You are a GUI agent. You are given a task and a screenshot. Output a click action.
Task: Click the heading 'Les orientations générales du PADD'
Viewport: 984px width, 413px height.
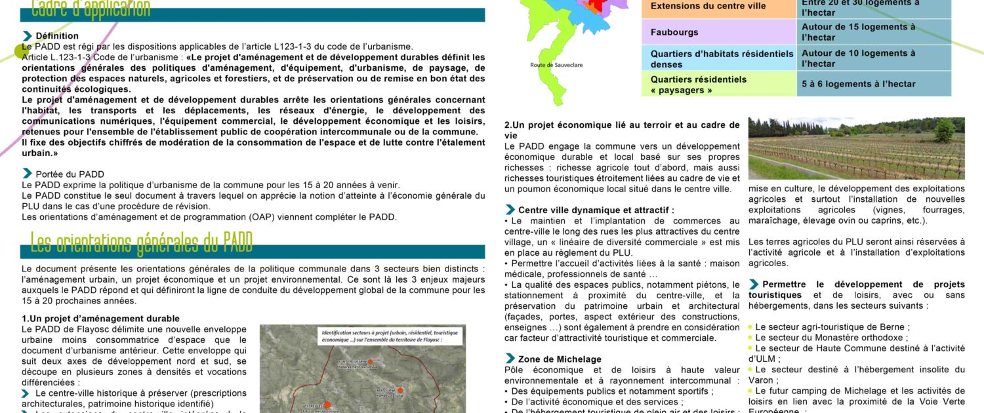pos(141,243)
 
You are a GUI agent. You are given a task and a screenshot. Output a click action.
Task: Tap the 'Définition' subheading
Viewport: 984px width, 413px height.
pos(57,36)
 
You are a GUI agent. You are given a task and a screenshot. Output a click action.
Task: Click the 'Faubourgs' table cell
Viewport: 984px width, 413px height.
pos(674,32)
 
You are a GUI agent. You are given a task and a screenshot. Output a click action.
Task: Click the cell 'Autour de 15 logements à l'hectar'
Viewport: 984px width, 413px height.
pos(858,32)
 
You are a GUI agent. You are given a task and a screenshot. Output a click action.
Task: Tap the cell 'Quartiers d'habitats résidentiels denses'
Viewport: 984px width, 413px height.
pos(720,59)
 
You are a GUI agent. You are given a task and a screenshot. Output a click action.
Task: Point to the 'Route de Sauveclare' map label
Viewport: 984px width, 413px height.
pos(556,65)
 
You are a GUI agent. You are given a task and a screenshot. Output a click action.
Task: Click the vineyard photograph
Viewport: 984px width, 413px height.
pos(856,148)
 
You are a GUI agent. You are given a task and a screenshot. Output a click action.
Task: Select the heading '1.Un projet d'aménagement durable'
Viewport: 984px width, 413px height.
pos(100,319)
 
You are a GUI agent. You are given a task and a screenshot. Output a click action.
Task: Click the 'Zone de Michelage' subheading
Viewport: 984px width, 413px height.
pos(560,359)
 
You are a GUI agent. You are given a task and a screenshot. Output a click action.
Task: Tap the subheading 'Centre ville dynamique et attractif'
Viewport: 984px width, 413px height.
pos(596,210)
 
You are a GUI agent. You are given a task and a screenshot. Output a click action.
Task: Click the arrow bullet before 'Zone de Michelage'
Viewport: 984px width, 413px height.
pos(510,359)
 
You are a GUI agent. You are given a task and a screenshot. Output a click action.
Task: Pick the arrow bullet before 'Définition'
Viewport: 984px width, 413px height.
pos(28,35)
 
